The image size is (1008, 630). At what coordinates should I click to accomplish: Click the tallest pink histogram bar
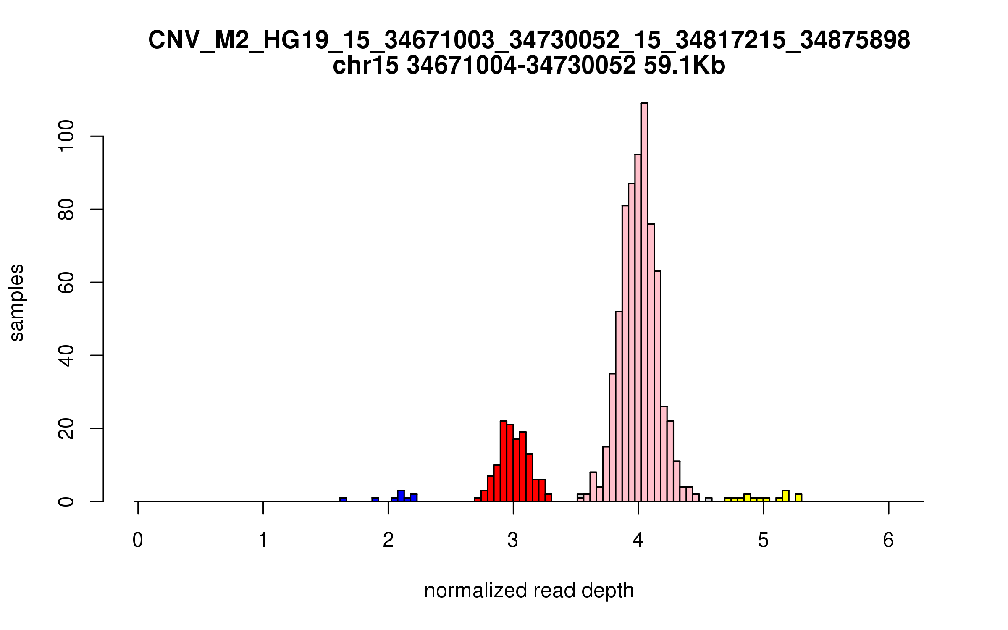coord(644,302)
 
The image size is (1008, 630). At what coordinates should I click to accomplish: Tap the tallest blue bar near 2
coord(401,496)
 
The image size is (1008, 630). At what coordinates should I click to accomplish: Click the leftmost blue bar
coord(343,499)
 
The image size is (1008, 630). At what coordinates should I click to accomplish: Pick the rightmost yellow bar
coord(798,498)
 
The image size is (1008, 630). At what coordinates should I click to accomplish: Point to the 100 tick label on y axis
coord(66,136)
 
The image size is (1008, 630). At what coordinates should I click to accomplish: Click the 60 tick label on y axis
coord(66,282)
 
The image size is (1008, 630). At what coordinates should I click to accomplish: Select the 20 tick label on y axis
coord(66,428)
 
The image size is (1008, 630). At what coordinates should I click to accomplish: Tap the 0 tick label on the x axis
coord(138,540)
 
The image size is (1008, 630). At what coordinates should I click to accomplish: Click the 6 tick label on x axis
coord(888,540)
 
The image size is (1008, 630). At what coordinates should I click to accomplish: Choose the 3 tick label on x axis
coord(513,540)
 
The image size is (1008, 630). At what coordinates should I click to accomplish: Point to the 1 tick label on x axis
coord(263,540)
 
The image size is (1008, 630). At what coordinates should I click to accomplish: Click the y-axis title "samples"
coord(17,302)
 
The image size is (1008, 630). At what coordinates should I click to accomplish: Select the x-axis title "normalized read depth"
coord(529,591)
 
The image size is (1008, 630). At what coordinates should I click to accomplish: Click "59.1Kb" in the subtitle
coord(684,66)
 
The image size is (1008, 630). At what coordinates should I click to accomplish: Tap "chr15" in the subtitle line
coord(365,66)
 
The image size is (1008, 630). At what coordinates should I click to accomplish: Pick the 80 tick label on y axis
coord(66,209)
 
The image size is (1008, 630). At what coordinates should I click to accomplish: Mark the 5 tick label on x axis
coord(763,540)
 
